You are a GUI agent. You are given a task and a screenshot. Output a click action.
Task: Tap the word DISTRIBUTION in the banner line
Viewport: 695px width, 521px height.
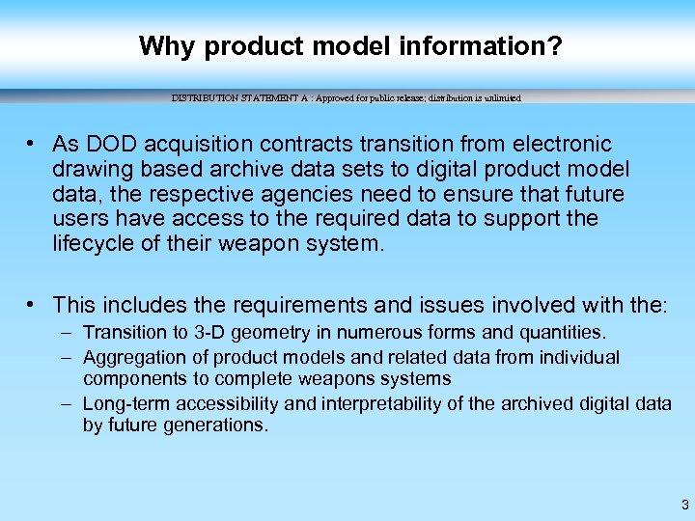tap(204, 98)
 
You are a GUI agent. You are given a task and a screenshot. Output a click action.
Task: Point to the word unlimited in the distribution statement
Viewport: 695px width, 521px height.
tap(500, 98)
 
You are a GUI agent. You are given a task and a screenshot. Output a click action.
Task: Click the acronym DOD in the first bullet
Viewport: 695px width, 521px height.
tap(105, 145)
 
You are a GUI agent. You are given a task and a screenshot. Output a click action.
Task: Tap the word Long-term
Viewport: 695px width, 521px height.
tap(124, 404)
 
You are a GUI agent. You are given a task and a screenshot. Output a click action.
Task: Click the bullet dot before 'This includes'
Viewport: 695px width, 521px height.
tap(33, 305)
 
